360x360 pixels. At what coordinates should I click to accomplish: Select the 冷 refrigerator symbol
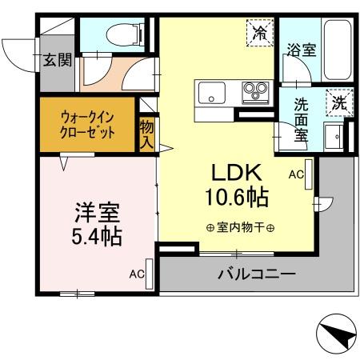coord(259,33)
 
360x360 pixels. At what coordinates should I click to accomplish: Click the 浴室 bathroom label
coord(301,50)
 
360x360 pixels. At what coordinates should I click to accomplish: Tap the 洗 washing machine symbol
coord(338,102)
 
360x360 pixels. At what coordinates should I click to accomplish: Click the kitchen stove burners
coord(255,90)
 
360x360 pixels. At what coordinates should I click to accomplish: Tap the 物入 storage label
coord(147,133)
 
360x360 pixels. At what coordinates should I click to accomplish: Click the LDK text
coord(234,172)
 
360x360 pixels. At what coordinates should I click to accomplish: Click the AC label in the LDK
coord(294,173)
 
